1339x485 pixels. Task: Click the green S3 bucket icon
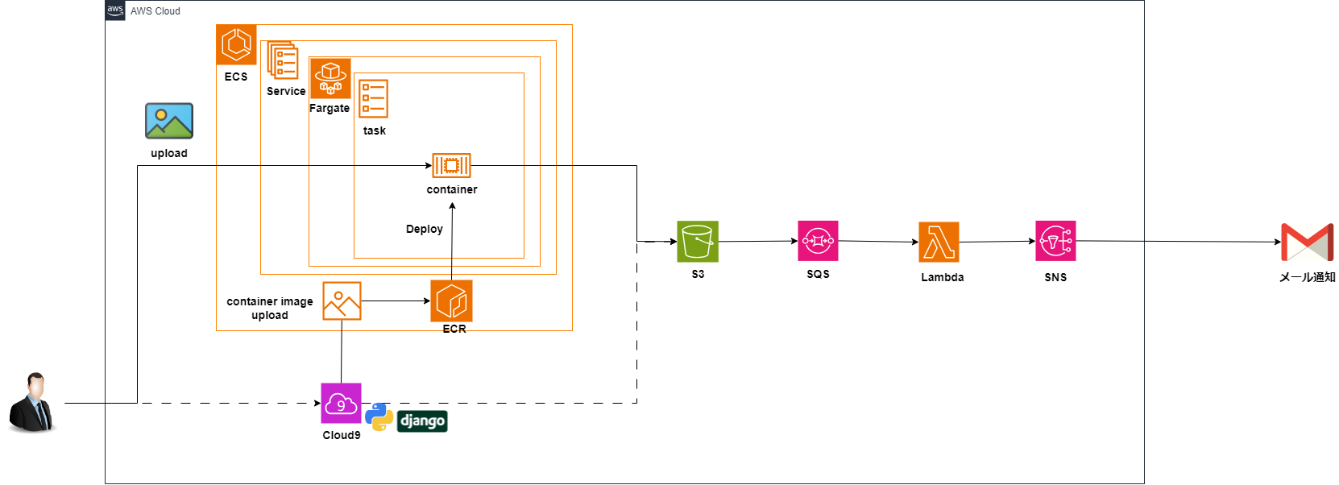(x=698, y=241)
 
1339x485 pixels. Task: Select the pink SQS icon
(x=818, y=241)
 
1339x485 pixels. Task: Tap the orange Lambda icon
(x=939, y=242)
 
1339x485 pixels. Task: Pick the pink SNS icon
(x=1055, y=241)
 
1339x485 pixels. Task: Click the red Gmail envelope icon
(x=1307, y=242)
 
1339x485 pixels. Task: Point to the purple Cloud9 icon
(x=341, y=403)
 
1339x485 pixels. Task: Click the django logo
(x=422, y=421)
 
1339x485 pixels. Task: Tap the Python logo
(x=379, y=417)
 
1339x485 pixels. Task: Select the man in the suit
(x=32, y=402)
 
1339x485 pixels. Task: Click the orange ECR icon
(x=451, y=301)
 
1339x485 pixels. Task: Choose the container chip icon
(x=451, y=165)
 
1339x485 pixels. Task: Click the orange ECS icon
(x=236, y=44)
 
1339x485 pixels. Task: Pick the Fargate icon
(x=330, y=78)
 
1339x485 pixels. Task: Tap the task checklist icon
(x=374, y=98)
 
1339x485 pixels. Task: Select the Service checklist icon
(x=283, y=60)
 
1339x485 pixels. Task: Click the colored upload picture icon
(x=169, y=121)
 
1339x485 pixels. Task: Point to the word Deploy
(x=425, y=229)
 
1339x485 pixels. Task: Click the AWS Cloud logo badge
(x=115, y=10)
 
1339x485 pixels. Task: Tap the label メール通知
(x=1307, y=277)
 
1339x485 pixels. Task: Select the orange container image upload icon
(x=342, y=301)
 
